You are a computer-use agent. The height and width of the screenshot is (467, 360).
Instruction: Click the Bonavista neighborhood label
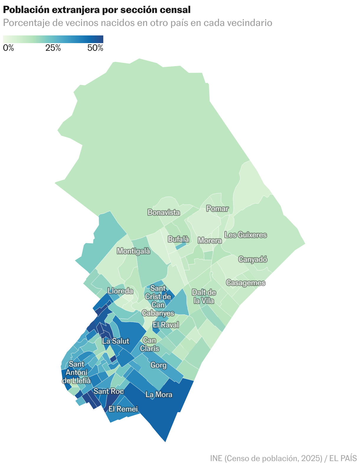(x=164, y=212)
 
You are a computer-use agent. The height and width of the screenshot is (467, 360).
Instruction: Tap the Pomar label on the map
(x=217, y=209)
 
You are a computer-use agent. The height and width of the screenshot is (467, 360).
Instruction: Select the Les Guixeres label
(x=246, y=235)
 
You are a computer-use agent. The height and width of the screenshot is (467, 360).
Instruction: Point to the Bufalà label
(x=178, y=239)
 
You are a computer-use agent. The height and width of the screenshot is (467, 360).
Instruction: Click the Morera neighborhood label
(x=210, y=241)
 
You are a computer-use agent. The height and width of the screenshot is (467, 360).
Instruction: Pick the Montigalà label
(x=134, y=251)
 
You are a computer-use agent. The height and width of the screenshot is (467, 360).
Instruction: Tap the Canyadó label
(x=253, y=259)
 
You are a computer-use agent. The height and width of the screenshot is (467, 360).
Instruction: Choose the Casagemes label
(x=246, y=283)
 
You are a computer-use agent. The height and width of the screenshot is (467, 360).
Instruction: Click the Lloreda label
(x=120, y=291)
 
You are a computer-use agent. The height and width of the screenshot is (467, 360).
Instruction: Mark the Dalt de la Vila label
(x=204, y=296)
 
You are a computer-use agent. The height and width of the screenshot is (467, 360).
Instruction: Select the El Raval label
(x=166, y=325)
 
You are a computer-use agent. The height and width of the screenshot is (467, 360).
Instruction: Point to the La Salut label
(x=116, y=341)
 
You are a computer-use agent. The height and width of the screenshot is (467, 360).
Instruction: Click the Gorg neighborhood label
(x=158, y=365)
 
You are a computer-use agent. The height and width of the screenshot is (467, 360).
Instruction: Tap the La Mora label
(x=159, y=394)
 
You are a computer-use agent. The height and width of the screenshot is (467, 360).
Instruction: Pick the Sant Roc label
(x=108, y=391)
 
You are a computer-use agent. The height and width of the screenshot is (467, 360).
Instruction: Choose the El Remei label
(x=123, y=409)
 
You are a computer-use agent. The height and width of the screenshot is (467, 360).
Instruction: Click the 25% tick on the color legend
(x=53, y=48)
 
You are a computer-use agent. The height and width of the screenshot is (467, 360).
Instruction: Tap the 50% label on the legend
(x=95, y=48)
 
